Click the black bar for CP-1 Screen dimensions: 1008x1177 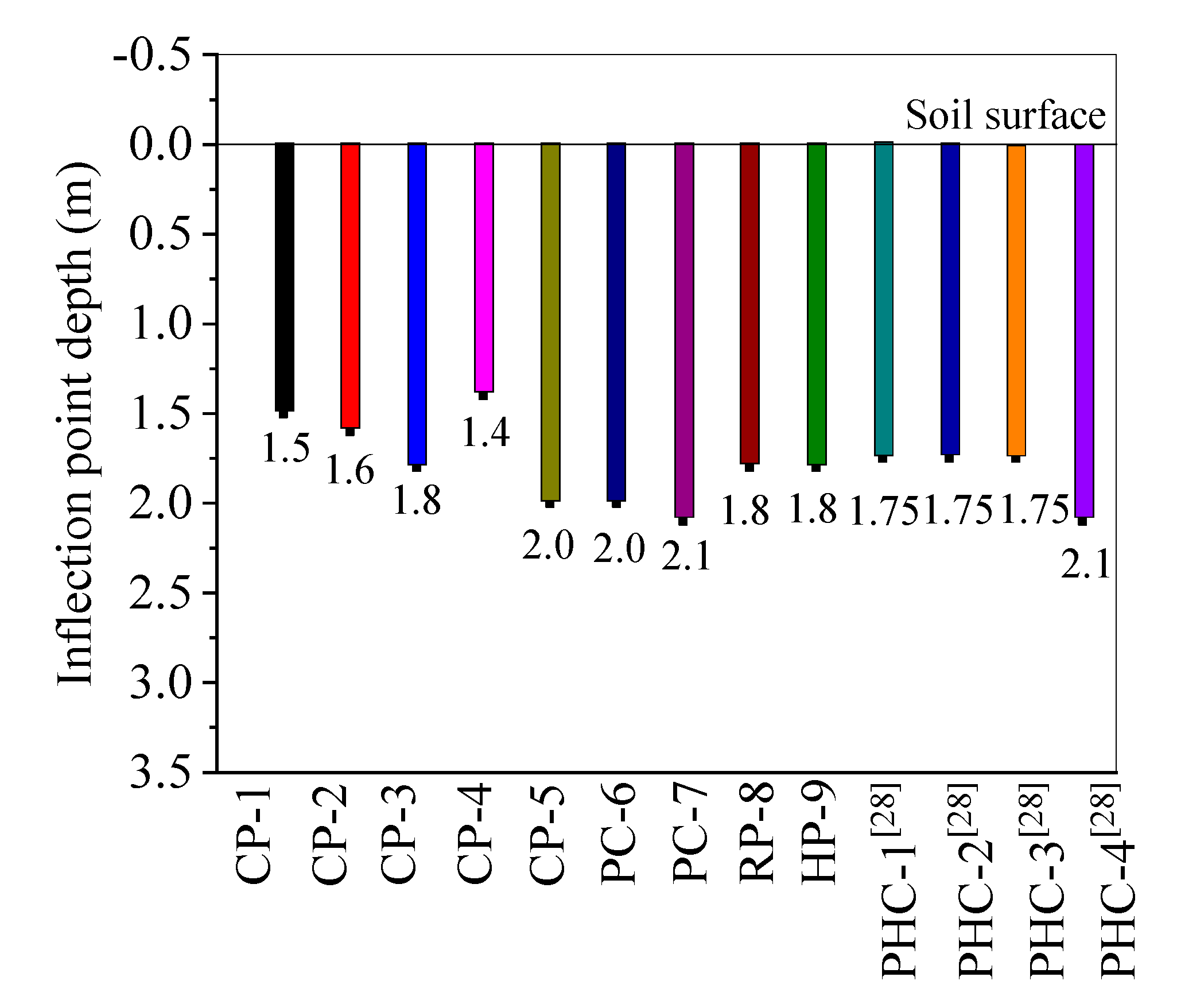(285, 277)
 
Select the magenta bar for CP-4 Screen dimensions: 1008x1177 (484, 267)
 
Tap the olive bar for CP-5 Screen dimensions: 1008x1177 (550, 321)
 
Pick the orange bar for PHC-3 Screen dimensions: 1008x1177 (1016, 300)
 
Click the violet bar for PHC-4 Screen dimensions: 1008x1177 (1083, 330)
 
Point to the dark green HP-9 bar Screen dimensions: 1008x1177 (816, 304)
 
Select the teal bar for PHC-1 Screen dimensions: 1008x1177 (883, 299)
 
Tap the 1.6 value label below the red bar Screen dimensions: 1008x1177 (350, 471)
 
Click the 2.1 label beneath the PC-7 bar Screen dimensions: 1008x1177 (686, 556)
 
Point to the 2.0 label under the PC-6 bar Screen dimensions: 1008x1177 (619, 548)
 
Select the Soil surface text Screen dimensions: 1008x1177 (1005, 115)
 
